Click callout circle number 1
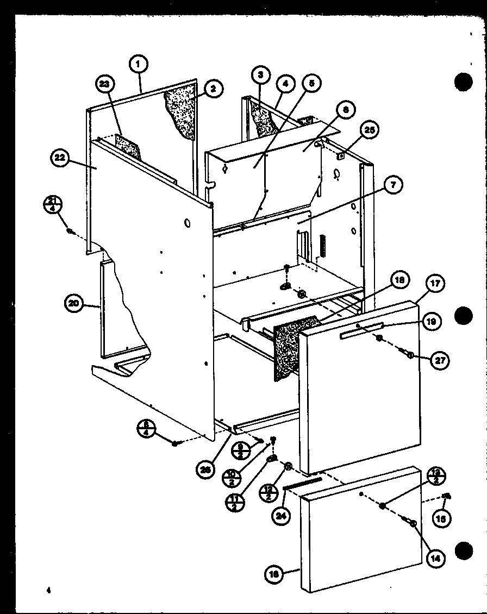139,64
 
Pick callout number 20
74,303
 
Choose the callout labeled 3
261,74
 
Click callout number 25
370,130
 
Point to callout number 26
204,469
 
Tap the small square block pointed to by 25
341,156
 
